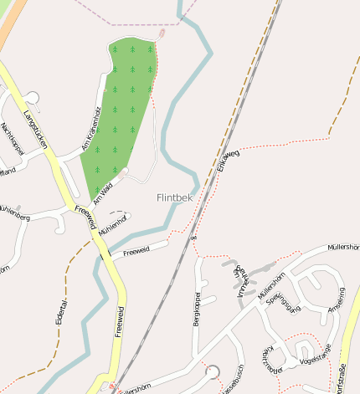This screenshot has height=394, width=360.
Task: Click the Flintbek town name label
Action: [174, 197]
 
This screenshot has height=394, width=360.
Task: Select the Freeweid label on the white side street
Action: [136, 250]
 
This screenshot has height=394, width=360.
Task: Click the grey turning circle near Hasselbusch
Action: [213, 371]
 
